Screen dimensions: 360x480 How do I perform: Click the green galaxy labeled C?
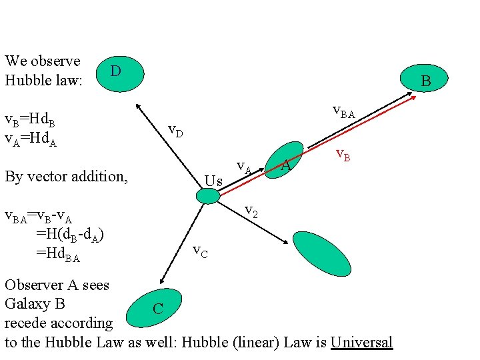click(x=155, y=308)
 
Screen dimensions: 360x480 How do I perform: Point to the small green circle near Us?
click(x=208, y=195)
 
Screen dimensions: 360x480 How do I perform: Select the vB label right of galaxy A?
click(x=343, y=156)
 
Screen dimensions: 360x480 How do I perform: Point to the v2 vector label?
click(x=251, y=211)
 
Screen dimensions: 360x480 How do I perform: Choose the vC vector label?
click(x=200, y=251)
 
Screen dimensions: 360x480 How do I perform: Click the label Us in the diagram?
click(x=213, y=180)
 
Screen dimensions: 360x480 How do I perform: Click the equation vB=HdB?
click(x=30, y=121)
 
